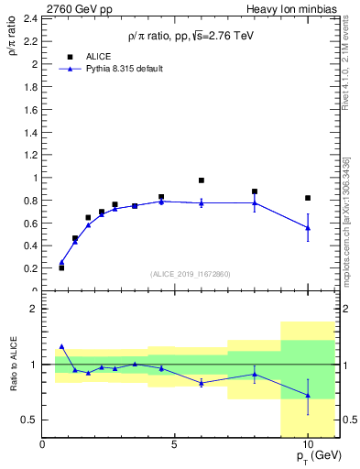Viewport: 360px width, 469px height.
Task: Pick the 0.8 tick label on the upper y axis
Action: [x=29, y=201]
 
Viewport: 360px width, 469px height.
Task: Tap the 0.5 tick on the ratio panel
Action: [x=29, y=420]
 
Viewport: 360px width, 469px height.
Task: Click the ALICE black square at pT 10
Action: [x=308, y=198]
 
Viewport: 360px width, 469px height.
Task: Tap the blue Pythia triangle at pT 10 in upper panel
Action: [x=308, y=227]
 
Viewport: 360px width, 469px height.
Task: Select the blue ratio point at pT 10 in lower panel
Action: [x=308, y=396]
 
